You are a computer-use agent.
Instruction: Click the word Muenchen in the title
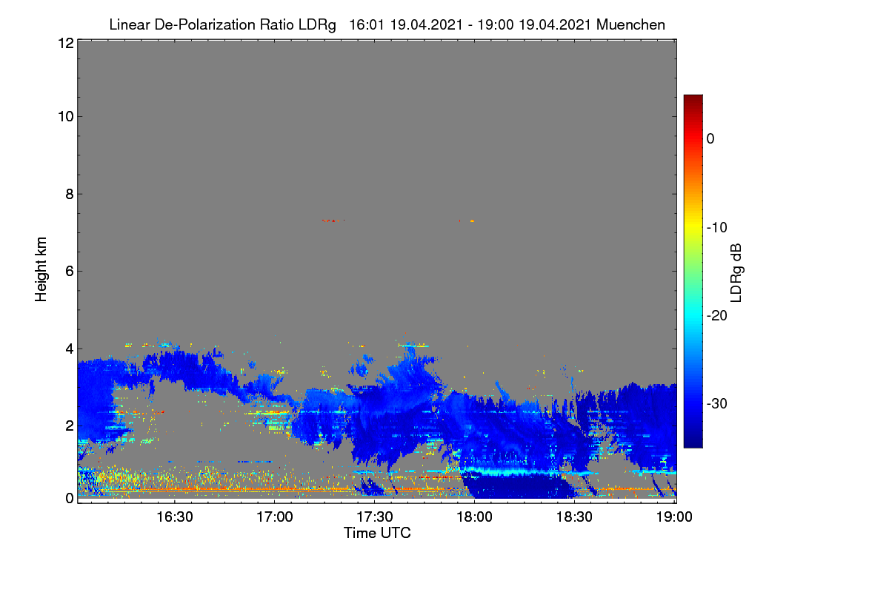[x=630, y=25]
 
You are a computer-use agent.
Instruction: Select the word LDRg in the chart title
[x=317, y=25]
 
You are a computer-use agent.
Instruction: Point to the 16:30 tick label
[x=175, y=517]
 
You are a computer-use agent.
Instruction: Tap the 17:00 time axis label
[x=275, y=517]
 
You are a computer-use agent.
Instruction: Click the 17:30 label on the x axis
[x=375, y=517]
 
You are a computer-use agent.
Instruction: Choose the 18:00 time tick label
[x=474, y=517]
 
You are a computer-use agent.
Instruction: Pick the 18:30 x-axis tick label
[x=574, y=517]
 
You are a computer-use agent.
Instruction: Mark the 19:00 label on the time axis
[x=674, y=517]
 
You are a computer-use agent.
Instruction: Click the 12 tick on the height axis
[x=66, y=43]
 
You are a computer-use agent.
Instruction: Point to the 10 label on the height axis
[x=66, y=117]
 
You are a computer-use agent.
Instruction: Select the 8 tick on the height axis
[x=70, y=194]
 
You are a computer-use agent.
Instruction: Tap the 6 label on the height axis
[x=70, y=272]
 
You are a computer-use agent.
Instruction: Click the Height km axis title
[x=41, y=269]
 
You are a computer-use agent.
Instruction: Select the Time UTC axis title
[x=377, y=533]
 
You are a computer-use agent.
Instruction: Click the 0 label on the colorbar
[x=710, y=139]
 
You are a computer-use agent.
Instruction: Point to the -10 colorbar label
[x=717, y=228]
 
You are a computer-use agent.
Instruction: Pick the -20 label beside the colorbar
[x=717, y=316]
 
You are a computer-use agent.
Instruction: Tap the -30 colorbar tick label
[x=717, y=403]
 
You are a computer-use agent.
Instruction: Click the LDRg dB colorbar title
[x=736, y=273]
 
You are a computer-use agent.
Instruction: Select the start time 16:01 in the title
[x=366, y=25]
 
